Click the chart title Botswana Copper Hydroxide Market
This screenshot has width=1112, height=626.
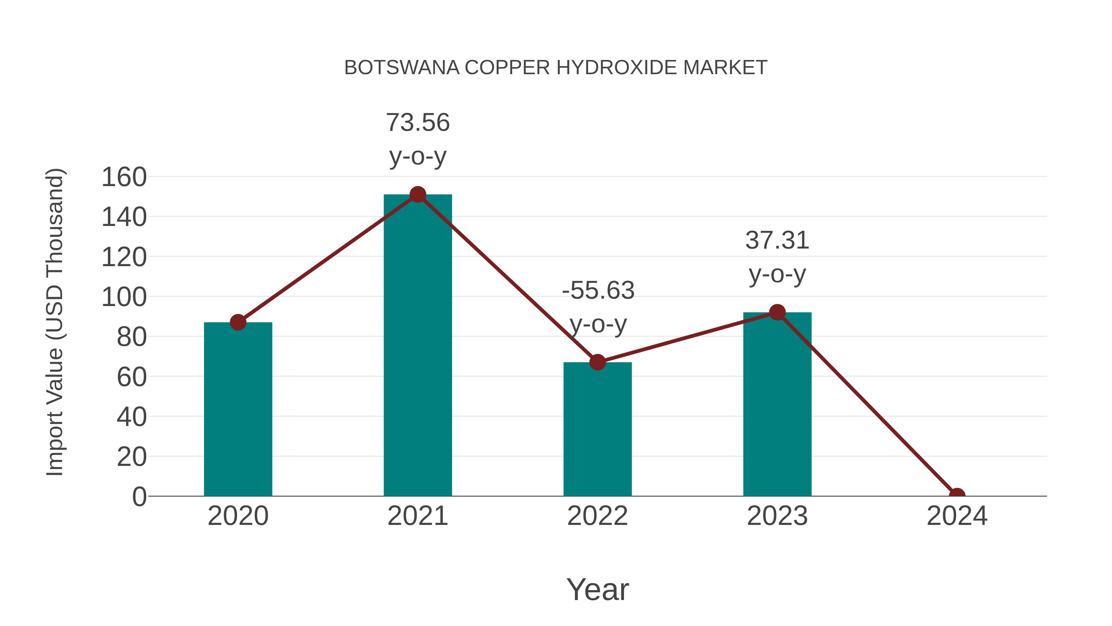tap(556, 68)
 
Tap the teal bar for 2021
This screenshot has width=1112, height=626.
tap(417, 345)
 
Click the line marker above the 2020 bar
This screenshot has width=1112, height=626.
tap(238, 322)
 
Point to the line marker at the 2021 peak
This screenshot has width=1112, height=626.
tap(417, 194)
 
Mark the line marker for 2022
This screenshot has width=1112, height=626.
tap(597, 363)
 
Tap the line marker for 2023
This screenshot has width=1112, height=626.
tap(777, 312)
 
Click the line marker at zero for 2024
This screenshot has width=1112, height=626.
tap(957, 495)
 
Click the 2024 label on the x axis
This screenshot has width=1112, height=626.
tap(957, 516)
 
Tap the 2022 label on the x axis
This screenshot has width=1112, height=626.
tap(597, 516)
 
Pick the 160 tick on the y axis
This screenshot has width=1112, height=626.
tap(124, 177)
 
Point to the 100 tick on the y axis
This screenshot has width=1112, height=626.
tap(124, 297)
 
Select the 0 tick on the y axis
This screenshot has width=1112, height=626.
tap(139, 497)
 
